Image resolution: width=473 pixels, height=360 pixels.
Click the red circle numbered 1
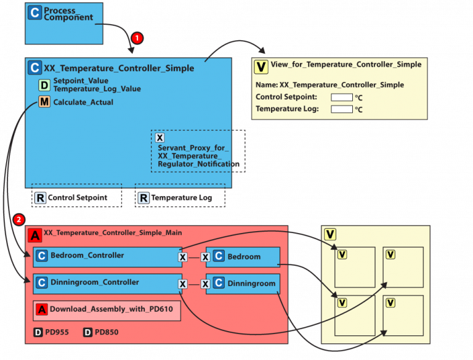137,38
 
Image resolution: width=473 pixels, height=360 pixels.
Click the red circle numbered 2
19,219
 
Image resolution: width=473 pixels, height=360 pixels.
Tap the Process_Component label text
68,14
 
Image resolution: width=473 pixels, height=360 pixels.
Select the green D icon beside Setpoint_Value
44,85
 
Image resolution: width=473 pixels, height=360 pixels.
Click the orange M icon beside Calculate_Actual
44,102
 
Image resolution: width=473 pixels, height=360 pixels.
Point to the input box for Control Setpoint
342,97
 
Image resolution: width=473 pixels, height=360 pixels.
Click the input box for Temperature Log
342,109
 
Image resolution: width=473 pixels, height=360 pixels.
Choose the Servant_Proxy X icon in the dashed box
160,138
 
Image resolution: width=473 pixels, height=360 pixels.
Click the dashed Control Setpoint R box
76,198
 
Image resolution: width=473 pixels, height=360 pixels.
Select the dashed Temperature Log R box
180,198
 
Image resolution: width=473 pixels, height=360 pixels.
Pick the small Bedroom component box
243,256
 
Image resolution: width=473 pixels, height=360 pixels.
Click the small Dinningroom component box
243,284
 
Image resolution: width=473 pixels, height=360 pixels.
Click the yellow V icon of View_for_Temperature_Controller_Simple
261,67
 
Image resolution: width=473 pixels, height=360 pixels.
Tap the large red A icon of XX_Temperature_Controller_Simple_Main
35,235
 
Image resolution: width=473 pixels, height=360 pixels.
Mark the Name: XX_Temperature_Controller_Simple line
329,84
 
